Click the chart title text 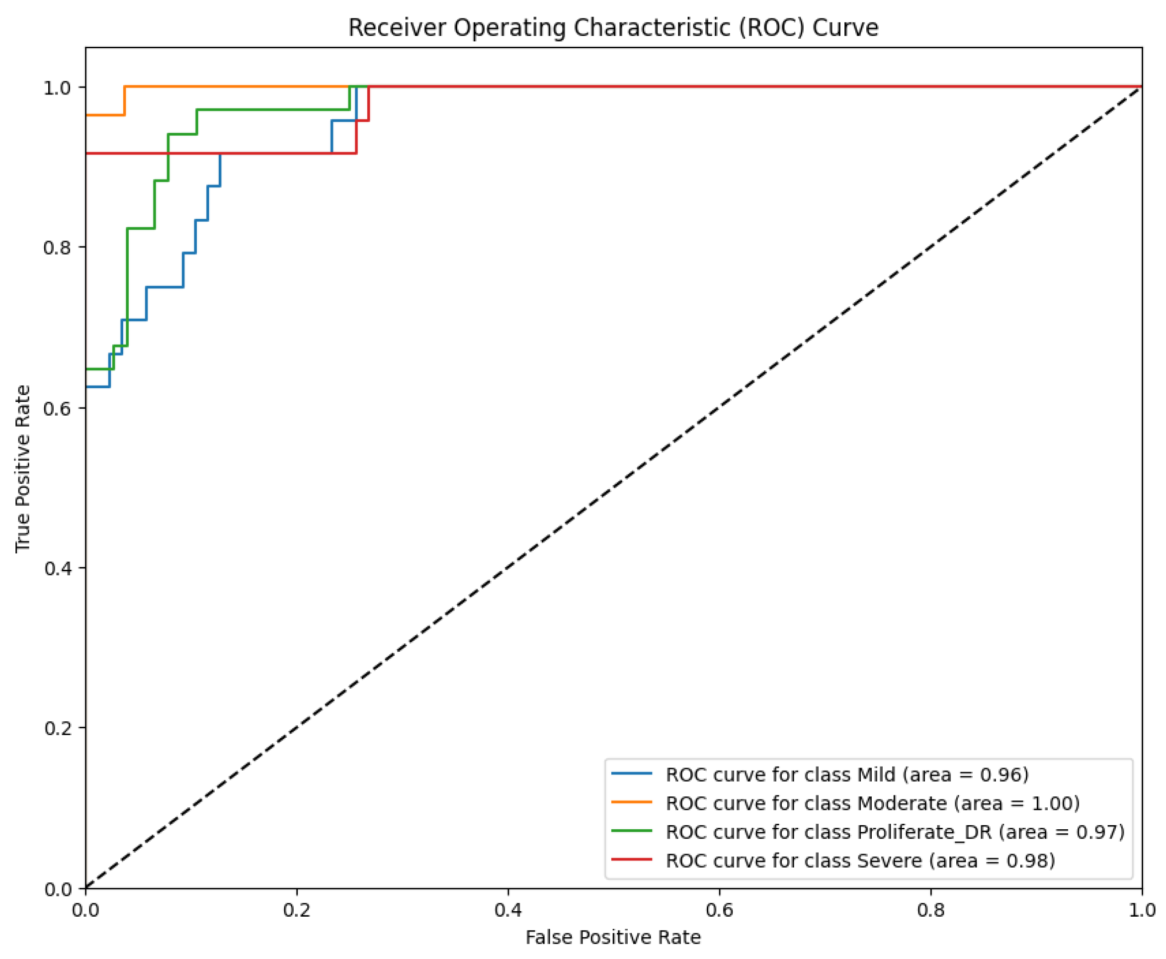coord(612,28)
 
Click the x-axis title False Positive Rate coord(612,937)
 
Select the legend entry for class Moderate coord(872,803)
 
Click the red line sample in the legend coord(631,860)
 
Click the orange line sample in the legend coord(631,802)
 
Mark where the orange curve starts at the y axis coord(86,115)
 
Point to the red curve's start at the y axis coord(86,153)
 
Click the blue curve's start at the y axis coord(86,387)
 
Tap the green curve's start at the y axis coord(86,369)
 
